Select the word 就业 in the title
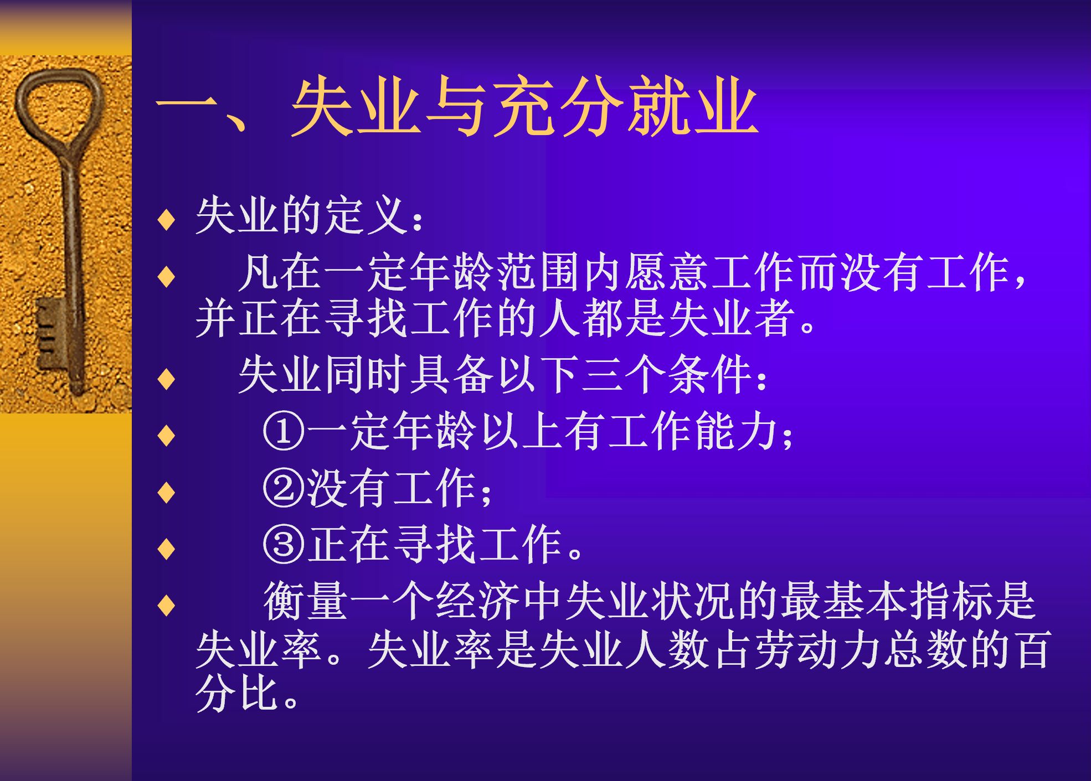pos(692,106)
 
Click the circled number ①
pos(284,431)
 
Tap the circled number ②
pos(284,488)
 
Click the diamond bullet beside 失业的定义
pos(166,219)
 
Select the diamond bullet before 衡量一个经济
pos(166,606)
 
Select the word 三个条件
pos(667,375)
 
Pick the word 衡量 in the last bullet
pos(306,601)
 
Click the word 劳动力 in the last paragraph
pos(818,649)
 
